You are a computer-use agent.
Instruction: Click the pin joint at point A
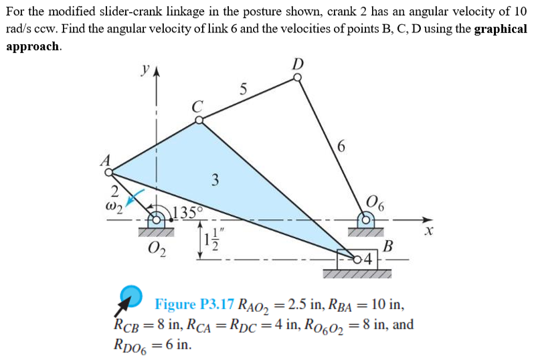pos(108,173)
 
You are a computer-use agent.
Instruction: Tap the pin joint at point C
pos(199,120)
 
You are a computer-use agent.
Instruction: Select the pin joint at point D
pos(298,78)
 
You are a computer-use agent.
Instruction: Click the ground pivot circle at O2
pos(156,220)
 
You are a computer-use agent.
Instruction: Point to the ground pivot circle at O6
pos(366,220)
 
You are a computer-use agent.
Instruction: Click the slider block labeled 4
pos(357,260)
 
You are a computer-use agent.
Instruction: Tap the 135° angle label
pos(187,213)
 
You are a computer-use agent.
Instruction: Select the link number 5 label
pos(243,90)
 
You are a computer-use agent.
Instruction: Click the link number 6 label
pos(341,146)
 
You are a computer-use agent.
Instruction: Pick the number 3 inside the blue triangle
pos(215,180)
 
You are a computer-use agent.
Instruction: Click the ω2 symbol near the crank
pos(114,207)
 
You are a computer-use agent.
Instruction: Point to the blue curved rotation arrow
pos(135,197)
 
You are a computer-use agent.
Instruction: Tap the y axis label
pos(146,70)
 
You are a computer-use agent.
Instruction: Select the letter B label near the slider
pos(388,246)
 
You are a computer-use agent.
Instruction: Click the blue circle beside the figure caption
pos(131,296)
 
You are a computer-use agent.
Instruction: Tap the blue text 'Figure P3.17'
pos(195,304)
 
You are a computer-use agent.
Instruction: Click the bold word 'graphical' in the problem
pos(501,29)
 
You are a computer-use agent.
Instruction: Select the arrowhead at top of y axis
pos(157,72)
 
